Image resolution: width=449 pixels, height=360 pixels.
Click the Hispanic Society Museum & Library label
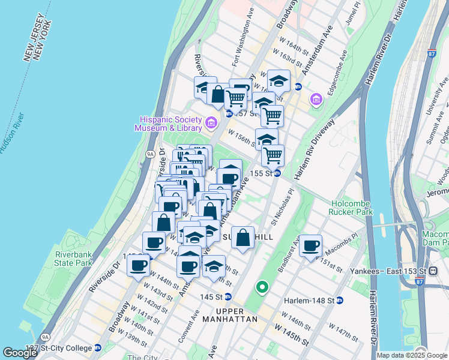tap(172, 123)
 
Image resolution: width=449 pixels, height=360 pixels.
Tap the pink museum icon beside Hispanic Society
tap(211, 124)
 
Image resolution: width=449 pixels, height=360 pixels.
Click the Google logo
tap(20, 353)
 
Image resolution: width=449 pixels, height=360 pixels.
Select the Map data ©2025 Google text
tap(412, 355)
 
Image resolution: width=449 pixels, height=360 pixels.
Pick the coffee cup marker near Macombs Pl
tap(311, 245)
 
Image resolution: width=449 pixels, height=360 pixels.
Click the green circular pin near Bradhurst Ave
tap(262, 288)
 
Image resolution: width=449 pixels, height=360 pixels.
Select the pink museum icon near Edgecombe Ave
tap(316, 98)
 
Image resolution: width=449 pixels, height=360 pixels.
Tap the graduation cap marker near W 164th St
tap(279, 80)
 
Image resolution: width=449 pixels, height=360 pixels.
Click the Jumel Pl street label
tap(354, 13)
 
